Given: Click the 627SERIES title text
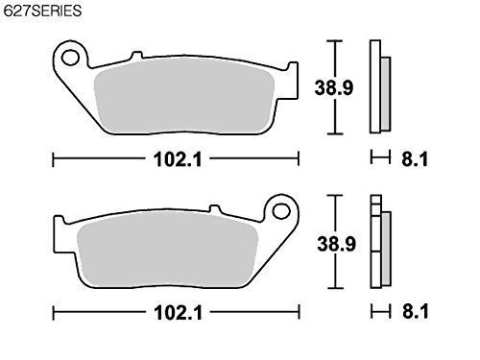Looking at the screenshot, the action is pos(42,11).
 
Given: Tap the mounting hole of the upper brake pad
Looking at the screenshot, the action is pos(70,58).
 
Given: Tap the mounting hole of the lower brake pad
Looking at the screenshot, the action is pos(281,211).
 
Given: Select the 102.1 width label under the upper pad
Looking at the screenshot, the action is pos(178,159).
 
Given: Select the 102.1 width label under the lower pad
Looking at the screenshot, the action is pos(178,313).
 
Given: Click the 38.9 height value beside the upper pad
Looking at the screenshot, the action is pos(334,87).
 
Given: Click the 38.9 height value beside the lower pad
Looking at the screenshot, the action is pos(336,244).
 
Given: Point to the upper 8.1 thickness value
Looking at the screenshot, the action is pos(415,159).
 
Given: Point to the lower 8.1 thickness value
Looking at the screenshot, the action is pos(416,311).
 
